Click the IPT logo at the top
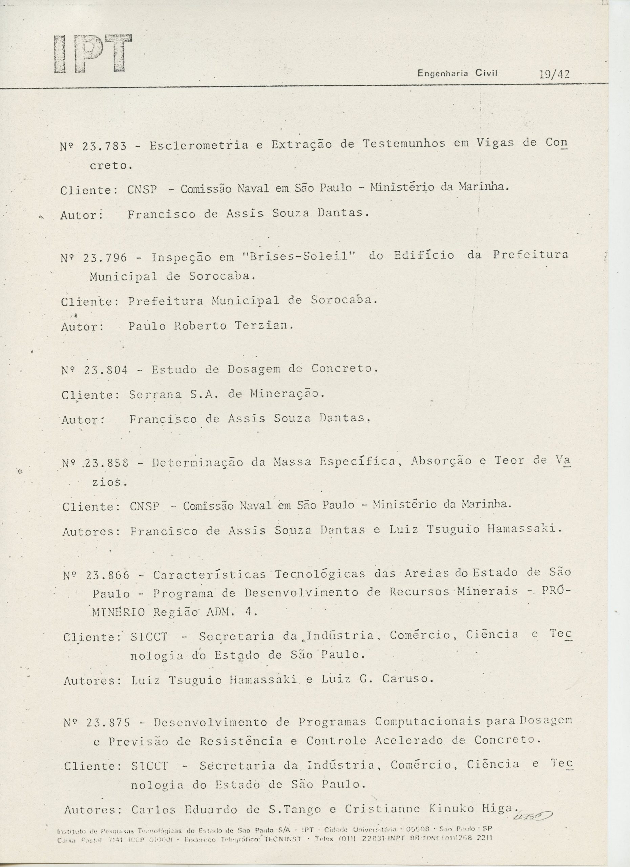click(x=93, y=54)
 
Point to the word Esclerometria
click(x=198, y=145)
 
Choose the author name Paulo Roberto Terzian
click(x=211, y=326)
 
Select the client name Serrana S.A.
click(x=175, y=395)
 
